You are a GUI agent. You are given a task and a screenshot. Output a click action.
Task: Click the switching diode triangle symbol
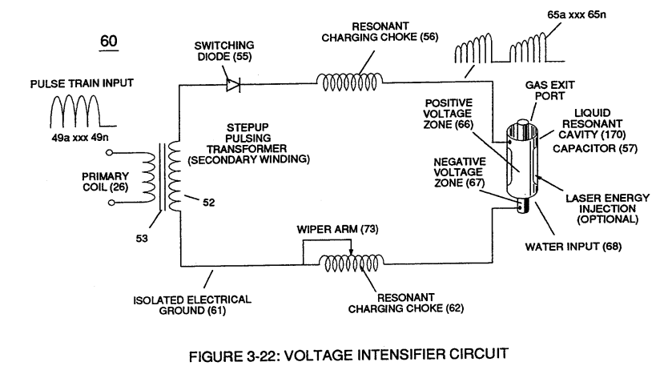(x=233, y=85)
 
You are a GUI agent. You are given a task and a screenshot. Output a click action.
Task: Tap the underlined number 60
(x=109, y=41)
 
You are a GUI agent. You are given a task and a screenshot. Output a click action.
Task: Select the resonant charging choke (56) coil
(x=350, y=82)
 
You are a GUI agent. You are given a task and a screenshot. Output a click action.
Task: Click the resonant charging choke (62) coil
(x=351, y=263)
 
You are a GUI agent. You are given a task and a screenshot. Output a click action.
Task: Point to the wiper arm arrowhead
(x=351, y=252)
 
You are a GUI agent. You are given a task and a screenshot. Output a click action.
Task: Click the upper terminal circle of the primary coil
(x=109, y=152)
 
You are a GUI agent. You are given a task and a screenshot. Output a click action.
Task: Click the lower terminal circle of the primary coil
(x=111, y=203)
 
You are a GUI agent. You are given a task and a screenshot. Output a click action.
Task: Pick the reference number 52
(x=209, y=203)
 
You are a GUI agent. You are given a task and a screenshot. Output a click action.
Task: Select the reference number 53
(x=142, y=239)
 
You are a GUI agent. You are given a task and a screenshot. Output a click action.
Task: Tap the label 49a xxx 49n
(x=80, y=138)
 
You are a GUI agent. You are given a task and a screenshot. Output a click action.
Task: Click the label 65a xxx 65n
(x=577, y=15)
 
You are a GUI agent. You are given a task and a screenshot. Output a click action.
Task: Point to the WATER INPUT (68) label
(x=573, y=247)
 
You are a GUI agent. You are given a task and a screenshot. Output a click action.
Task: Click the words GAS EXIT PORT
(x=549, y=90)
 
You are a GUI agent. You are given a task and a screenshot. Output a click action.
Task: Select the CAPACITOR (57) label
(x=595, y=148)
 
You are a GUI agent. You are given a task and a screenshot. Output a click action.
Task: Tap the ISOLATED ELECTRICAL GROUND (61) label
(x=192, y=305)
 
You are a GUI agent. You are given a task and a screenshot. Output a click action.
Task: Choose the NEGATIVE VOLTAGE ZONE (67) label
(x=459, y=172)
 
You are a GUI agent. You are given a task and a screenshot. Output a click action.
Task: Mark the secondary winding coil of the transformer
(x=175, y=176)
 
